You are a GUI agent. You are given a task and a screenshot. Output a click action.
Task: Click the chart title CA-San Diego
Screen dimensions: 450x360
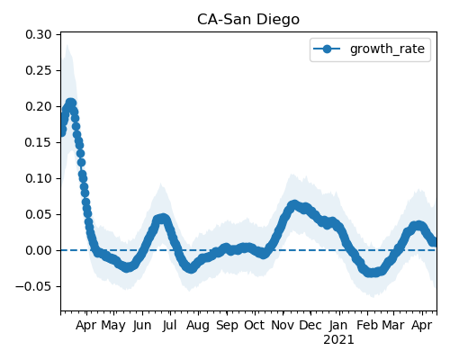(248, 20)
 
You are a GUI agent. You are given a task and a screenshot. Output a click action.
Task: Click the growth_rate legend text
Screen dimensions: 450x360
(387, 49)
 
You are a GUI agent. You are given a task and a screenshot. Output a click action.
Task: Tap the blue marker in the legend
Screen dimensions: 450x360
(327, 49)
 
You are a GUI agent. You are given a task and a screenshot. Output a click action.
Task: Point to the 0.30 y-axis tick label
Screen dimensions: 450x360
(39, 35)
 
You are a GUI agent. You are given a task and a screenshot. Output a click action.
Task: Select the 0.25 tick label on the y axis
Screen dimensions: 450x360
(39, 71)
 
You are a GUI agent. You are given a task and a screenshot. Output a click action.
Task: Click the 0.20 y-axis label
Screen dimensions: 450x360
(39, 107)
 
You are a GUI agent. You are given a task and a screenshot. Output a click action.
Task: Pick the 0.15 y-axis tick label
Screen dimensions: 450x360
(39, 142)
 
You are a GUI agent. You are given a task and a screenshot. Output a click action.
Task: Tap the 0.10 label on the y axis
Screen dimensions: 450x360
(39, 178)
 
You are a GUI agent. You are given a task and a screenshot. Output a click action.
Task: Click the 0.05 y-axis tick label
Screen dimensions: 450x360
(39, 214)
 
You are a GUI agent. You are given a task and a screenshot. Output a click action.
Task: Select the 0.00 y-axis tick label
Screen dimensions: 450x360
(39, 250)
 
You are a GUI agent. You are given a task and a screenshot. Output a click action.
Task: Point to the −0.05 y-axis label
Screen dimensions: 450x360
(33, 286)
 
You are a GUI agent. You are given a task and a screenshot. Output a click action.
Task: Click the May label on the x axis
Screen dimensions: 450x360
(113, 326)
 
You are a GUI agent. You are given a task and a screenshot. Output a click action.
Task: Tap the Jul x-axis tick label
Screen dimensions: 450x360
(170, 325)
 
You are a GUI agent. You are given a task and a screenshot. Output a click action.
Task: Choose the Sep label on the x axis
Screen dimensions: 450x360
(227, 326)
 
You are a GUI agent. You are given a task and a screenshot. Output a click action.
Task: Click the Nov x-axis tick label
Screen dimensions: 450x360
(283, 325)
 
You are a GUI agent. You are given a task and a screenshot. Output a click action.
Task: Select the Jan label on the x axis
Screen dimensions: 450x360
(338, 325)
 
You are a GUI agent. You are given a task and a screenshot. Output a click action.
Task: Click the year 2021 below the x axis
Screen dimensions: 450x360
(338, 340)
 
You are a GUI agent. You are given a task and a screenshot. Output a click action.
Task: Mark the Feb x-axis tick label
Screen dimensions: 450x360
(367, 325)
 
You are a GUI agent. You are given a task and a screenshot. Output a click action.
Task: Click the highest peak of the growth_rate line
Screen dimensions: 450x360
(71, 103)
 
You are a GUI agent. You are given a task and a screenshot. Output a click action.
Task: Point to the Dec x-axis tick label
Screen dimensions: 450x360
(310, 325)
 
